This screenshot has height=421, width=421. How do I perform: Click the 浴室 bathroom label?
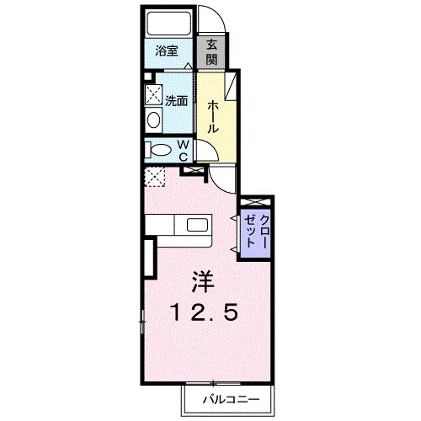click(x=166, y=51)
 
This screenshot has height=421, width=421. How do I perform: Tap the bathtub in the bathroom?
click(x=168, y=24)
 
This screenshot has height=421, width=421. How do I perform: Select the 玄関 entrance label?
click(x=212, y=53)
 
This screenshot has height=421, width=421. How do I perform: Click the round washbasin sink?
click(x=154, y=119)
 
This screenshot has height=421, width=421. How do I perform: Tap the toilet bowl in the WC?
click(x=158, y=151)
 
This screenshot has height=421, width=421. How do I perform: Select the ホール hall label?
click(x=214, y=116)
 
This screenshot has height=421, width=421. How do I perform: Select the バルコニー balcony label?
click(x=225, y=398)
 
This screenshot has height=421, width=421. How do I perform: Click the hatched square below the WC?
click(x=154, y=177)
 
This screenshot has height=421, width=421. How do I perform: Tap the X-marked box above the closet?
click(x=254, y=202)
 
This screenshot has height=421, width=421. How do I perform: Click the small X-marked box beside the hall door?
click(x=195, y=171)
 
